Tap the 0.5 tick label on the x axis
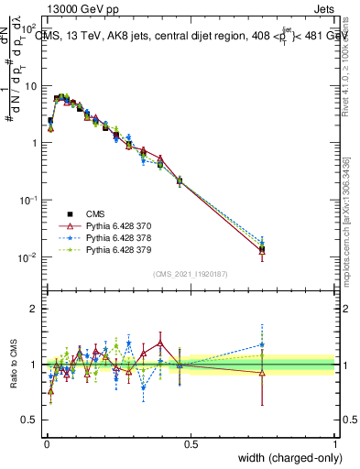191,442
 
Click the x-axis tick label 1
335,442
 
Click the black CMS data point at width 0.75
262,248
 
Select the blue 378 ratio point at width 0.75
262,345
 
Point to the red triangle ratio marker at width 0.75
262,373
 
